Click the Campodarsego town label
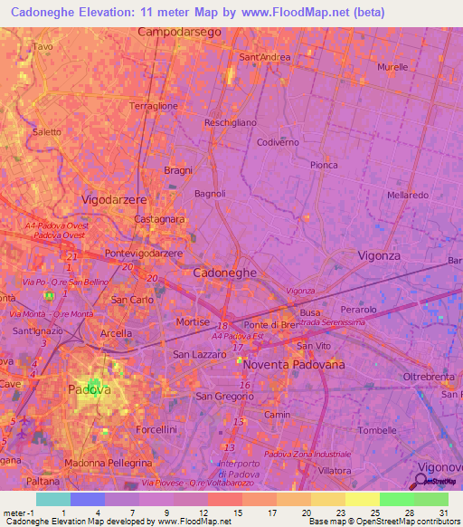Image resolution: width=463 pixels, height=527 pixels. (179, 32)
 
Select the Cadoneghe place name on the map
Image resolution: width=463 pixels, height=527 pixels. (225, 272)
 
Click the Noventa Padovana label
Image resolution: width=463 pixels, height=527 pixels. (294, 363)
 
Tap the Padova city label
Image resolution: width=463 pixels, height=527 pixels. (90, 389)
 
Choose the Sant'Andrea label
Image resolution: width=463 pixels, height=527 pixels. (264, 57)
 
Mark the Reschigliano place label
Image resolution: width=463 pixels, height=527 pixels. (231, 122)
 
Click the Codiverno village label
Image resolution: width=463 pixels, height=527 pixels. (278, 143)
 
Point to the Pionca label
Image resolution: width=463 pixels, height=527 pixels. (324, 165)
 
